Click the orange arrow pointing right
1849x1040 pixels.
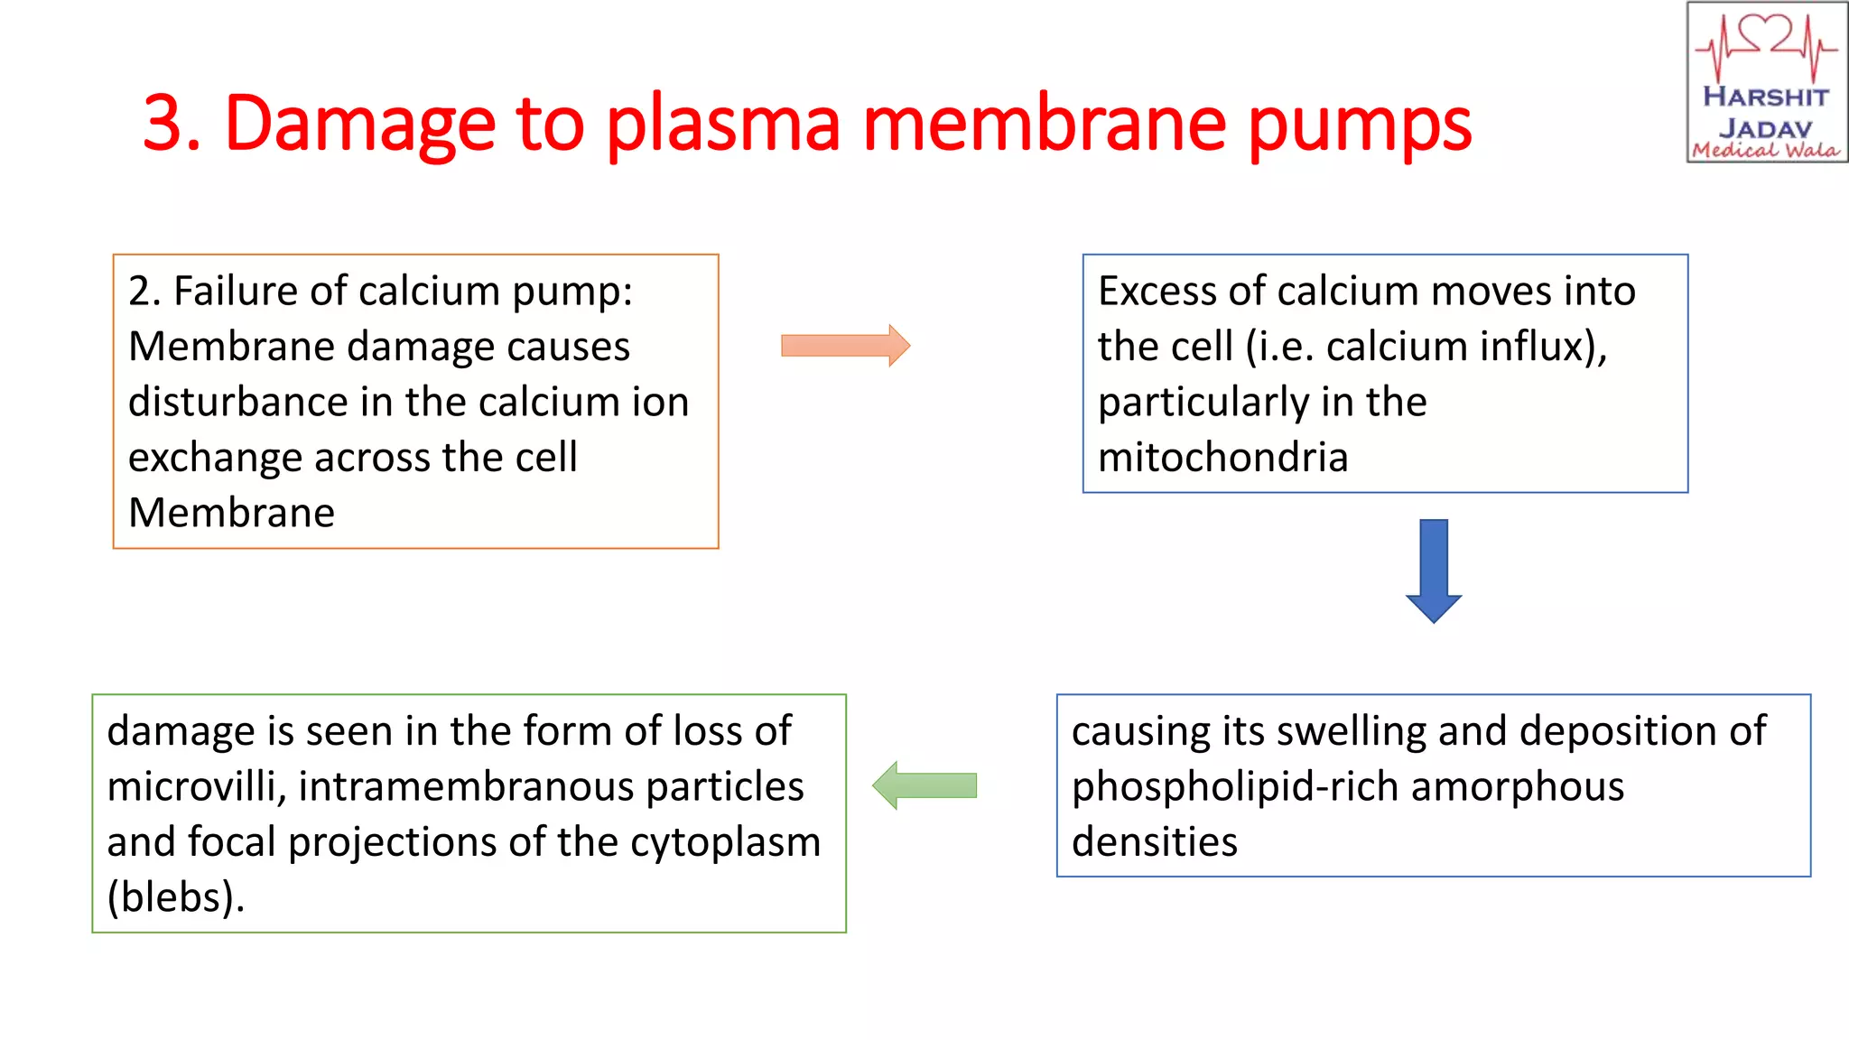tap(845, 346)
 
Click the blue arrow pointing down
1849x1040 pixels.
tap(1433, 569)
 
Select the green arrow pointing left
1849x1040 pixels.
tap(924, 785)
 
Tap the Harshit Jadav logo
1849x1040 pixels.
tap(1766, 83)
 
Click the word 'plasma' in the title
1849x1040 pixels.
tap(722, 125)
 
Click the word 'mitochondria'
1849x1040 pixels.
tap(1222, 458)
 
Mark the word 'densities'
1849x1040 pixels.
tap(1154, 842)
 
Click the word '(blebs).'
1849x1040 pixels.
tap(176, 898)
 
